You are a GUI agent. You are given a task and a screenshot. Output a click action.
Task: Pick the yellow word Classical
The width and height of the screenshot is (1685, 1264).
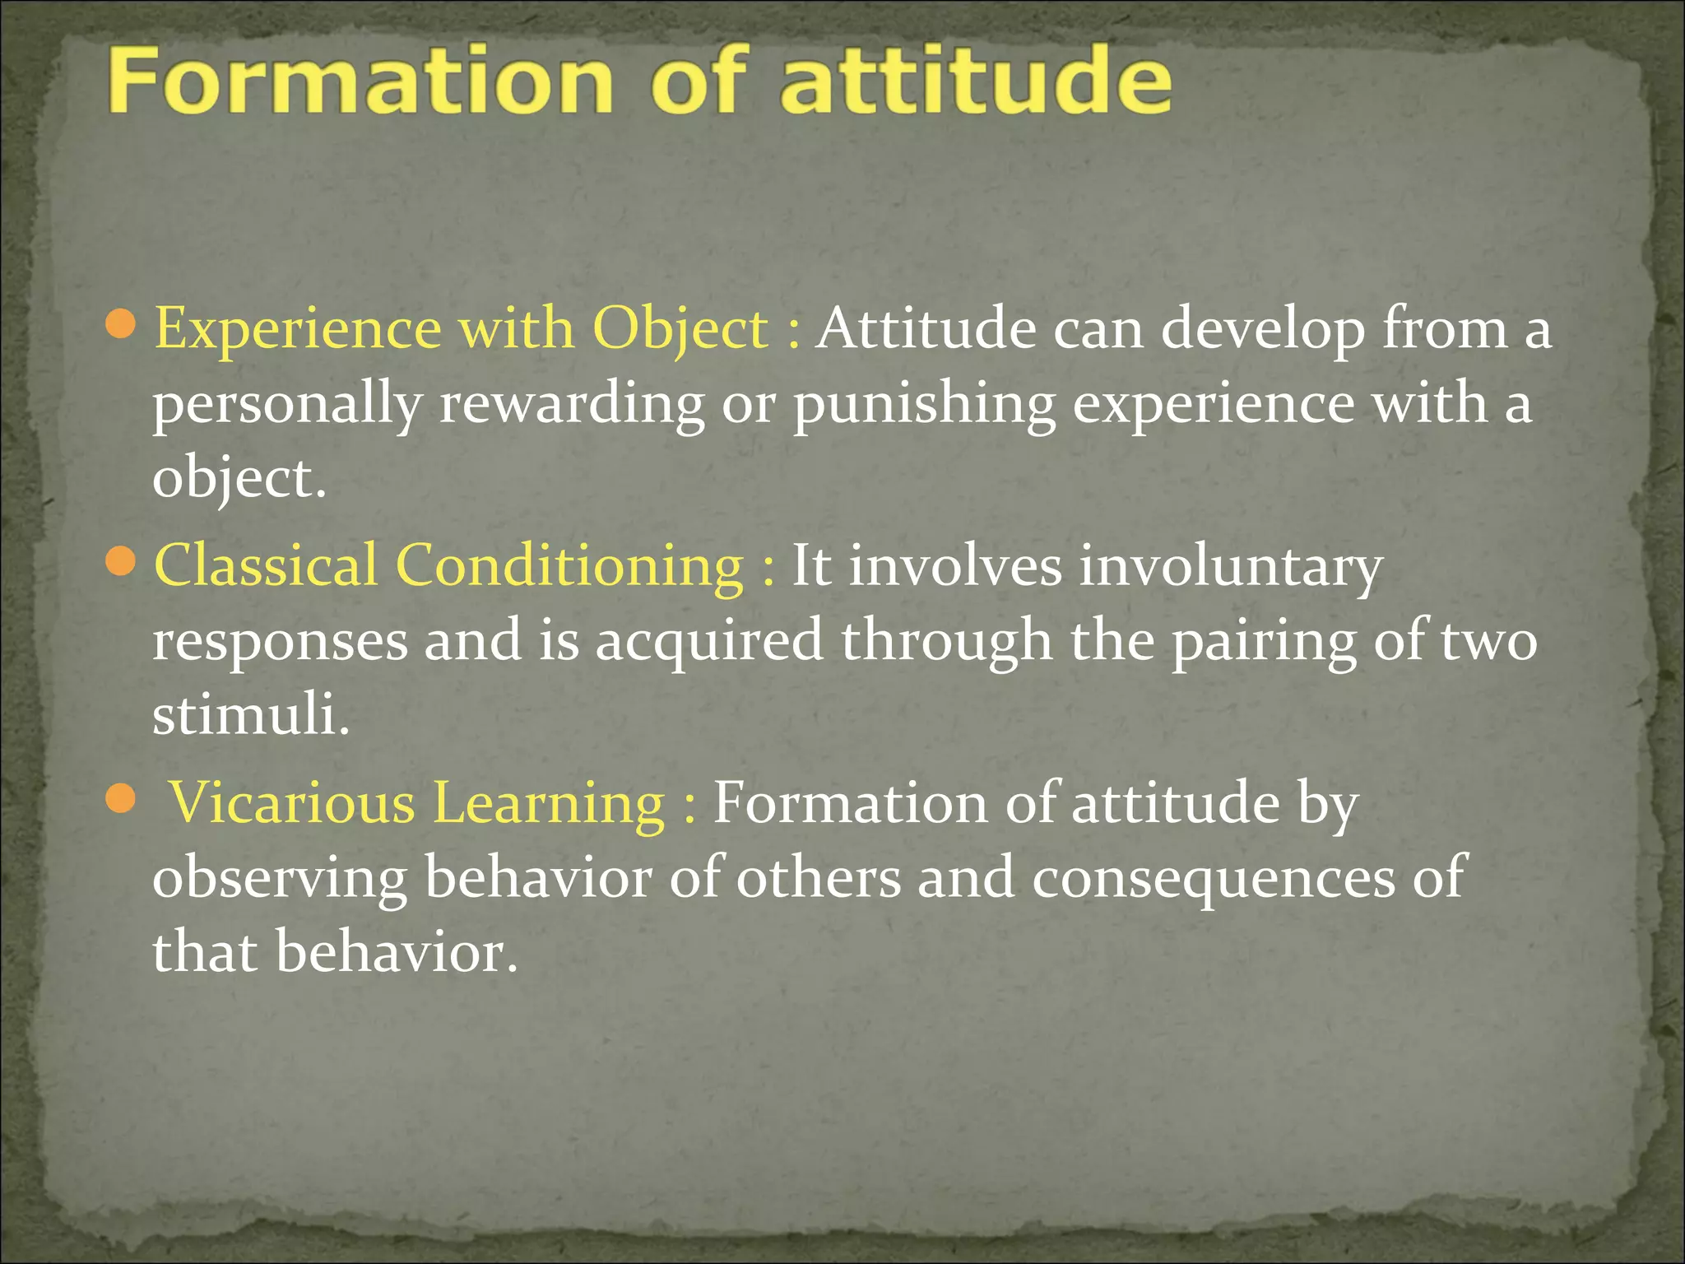pyautogui.click(x=265, y=566)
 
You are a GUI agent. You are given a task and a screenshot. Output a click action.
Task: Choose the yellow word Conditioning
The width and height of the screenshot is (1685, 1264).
pyautogui.click(x=569, y=566)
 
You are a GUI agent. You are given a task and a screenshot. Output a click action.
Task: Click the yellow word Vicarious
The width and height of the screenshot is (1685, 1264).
pyautogui.click(x=291, y=803)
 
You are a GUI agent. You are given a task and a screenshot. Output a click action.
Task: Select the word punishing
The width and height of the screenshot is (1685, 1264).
pyautogui.click(x=924, y=405)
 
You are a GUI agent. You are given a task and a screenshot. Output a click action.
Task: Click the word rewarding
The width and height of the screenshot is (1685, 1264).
pyautogui.click(x=571, y=405)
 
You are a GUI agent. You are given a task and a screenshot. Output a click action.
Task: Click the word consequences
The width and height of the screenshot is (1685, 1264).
pyautogui.click(x=1213, y=877)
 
